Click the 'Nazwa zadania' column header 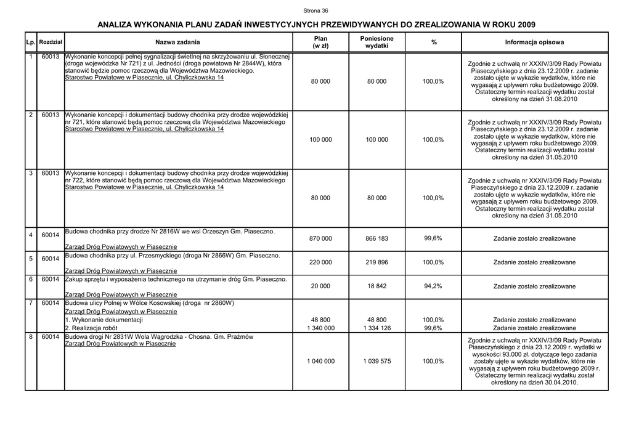tap(177, 42)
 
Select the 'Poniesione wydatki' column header tap(377, 42)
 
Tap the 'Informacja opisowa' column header tap(534, 42)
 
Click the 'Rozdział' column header tap(49, 42)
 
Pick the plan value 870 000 tap(320, 238)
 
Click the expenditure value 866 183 tap(377, 238)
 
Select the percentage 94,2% tap(433, 286)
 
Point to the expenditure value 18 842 tap(377, 286)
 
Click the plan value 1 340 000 tap(320, 328)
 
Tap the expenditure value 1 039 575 tap(377, 361)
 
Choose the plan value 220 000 tap(320, 262)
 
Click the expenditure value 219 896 tap(377, 262)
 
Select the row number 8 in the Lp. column tap(31, 337)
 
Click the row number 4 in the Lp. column tap(31, 235)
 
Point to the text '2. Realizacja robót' tap(91, 328)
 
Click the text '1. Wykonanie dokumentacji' tap(104, 320)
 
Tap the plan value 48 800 tap(320, 320)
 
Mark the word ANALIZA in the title tap(121, 25)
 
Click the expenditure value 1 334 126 tap(377, 328)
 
